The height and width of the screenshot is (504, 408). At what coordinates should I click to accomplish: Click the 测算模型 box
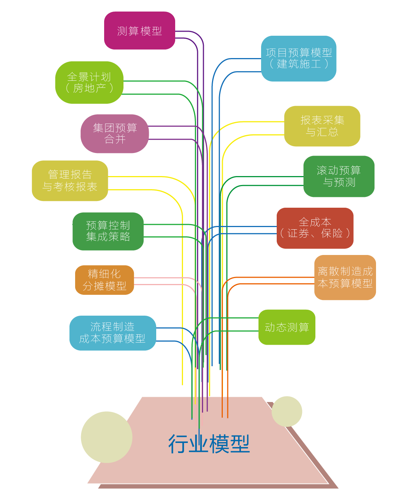[x=139, y=31]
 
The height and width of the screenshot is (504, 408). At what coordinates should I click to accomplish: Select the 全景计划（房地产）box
[x=89, y=82]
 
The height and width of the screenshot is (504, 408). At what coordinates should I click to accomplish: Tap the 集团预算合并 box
[x=115, y=134]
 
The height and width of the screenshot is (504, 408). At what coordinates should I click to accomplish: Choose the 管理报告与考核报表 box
[x=70, y=181]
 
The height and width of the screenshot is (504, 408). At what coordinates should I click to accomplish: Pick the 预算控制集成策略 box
[x=108, y=231]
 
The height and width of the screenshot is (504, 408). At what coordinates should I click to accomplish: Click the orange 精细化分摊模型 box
[x=105, y=280]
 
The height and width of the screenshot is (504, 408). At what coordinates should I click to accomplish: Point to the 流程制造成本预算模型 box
[x=112, y=333]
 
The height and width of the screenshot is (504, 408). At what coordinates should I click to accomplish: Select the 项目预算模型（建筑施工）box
[x=299, y=58]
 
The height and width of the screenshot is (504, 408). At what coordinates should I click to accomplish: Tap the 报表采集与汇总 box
[x=322, y=126]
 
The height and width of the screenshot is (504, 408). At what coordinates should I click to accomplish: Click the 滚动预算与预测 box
[x=339, y=176]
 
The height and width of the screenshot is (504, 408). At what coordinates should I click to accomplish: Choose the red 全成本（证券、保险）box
[x=315, y=228]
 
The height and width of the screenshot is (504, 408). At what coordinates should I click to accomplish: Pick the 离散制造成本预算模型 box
[x=345, y=277]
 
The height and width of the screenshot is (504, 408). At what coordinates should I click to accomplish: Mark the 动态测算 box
[x=287, y=327]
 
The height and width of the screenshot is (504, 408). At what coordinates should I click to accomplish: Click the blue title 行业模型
[x=209, y=444]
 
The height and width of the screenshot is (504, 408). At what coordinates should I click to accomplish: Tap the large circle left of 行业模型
[x=106, y=437]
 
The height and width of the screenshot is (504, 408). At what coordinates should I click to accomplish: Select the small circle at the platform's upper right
[x=287, y=411]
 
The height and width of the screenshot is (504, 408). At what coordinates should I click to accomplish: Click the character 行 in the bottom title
[x=178, y=444]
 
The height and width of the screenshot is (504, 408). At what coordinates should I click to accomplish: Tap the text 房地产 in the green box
[x=89, y=88]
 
